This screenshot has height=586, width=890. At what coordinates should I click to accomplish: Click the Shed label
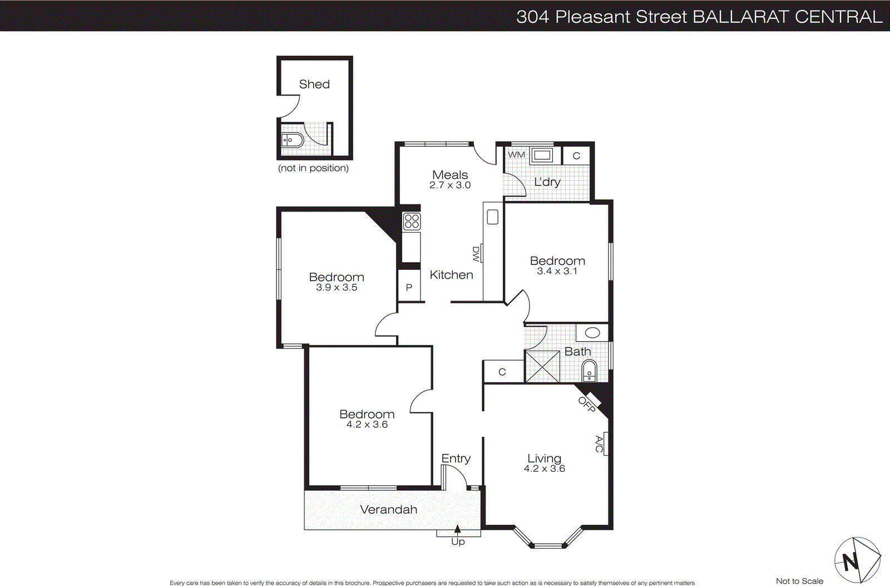tap(314, 84)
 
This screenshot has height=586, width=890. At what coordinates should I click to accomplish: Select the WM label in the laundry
tap(516, 154)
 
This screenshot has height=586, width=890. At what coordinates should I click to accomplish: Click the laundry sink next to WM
tap(541, 155)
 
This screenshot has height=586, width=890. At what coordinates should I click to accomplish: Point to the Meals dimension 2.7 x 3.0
tap(449, 185)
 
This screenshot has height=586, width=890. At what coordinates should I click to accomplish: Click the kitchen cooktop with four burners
tap(412, 221)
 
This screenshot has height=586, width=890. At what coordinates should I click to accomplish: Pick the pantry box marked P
tap(409, 287)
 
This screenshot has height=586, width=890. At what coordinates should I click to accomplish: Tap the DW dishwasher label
tap(476, 254)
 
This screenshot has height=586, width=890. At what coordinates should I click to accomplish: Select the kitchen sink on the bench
tap(492, 216)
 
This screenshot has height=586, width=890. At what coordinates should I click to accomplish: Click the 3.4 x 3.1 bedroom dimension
tap(557, 271)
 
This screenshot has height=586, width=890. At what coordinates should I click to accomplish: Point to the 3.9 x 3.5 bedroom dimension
tap(337, 287)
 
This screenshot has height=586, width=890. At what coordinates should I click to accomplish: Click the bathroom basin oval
tap(592, 333)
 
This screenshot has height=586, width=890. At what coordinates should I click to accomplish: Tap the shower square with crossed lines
tap(542, 366)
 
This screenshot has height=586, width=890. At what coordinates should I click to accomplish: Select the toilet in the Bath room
tap(589, 371)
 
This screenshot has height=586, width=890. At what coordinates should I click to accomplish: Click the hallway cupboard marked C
tap(502, 372)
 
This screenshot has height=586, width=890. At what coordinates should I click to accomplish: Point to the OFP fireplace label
tap(586, 404)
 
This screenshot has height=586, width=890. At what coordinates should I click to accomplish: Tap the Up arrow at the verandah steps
tap(457, 529)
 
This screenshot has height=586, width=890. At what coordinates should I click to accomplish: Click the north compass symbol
tap(857, 560)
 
